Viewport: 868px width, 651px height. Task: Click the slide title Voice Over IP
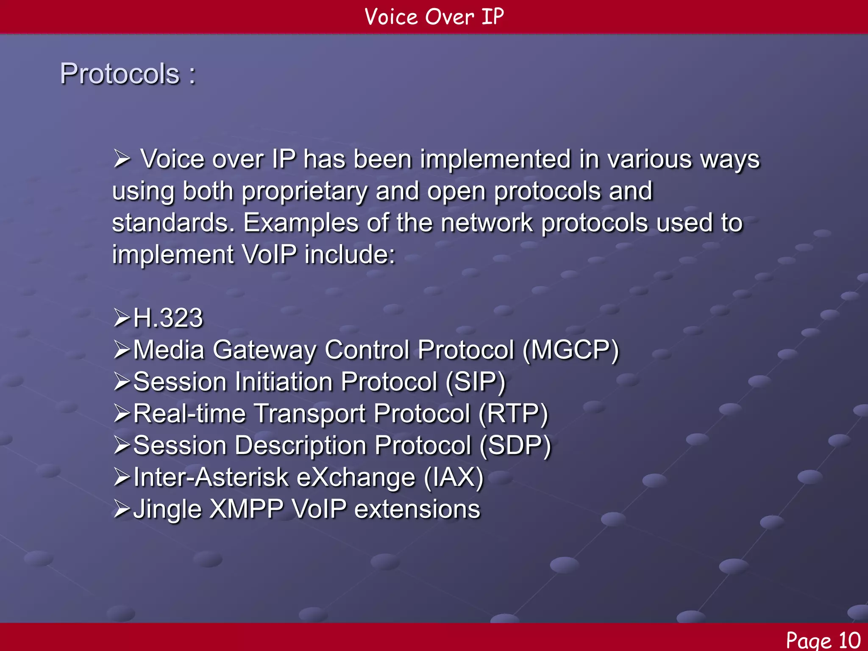point(434,17)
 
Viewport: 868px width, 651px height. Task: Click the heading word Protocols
point(120,74)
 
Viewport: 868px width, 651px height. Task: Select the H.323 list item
point(168,318)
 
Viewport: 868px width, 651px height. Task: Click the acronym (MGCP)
point(570,350)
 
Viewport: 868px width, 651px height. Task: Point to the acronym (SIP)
point(476,382)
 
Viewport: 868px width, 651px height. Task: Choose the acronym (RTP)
point(513,414)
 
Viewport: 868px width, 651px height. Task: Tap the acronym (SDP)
point(515,445)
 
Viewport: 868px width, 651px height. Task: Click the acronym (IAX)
point(453,477)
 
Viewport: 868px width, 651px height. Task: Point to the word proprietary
point(304,192)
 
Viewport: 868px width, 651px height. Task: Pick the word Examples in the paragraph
point(301,223)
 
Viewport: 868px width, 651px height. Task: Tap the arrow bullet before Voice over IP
point(122,160)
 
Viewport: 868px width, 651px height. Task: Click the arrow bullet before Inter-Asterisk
point(122,478)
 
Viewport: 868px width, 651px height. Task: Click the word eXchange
point(356,478)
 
